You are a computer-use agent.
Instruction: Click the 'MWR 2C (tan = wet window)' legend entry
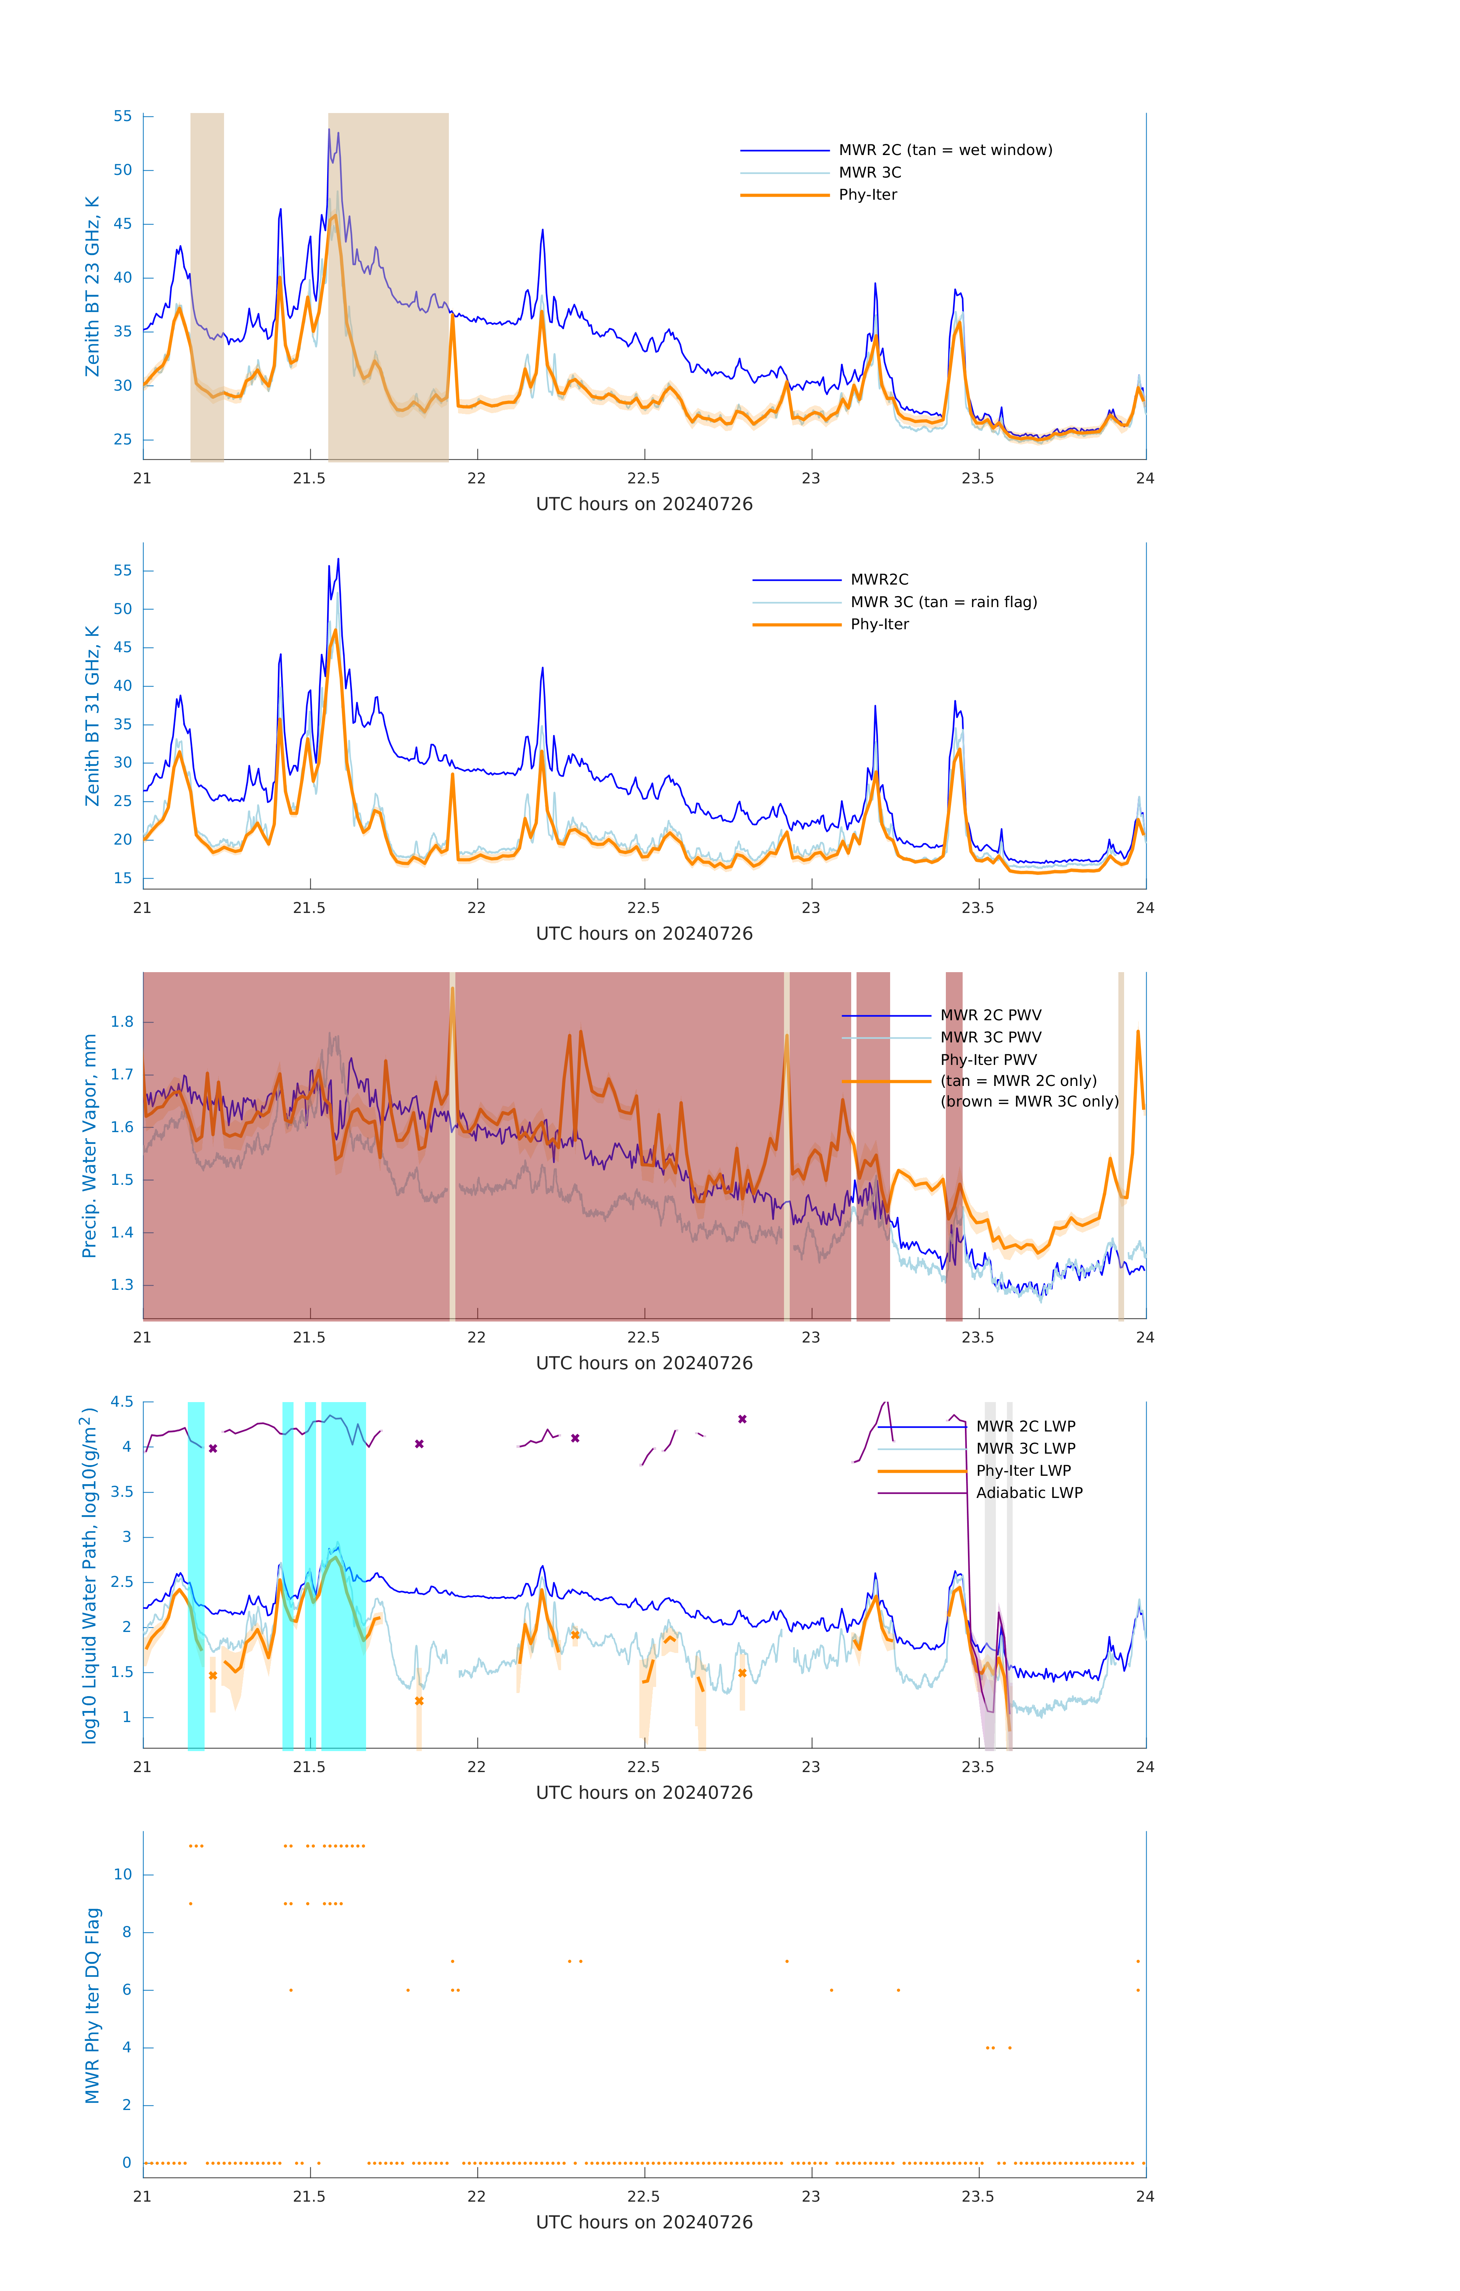click(x=944, y=150)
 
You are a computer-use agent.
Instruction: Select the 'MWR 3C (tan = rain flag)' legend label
click(x=942, y=602)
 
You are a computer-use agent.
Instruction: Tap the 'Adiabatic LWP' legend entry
click(x=1028, y=1493)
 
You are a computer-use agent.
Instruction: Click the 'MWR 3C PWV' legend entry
click(x=990, y=1037)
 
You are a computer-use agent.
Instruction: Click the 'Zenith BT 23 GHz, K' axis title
click(x=92, y=286)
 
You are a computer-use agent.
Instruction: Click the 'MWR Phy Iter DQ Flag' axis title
click(x=92, y=2005)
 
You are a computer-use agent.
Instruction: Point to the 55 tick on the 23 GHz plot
click(x=123, y=116)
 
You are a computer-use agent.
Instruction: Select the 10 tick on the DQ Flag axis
click(x=123, y=1874)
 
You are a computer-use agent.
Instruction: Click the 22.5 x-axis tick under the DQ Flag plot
click(x=644, y=2197)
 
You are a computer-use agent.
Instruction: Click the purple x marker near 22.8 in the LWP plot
click(x=742, y=1419)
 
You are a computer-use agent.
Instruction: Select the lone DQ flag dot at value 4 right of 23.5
click(x=1009, y=2047)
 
